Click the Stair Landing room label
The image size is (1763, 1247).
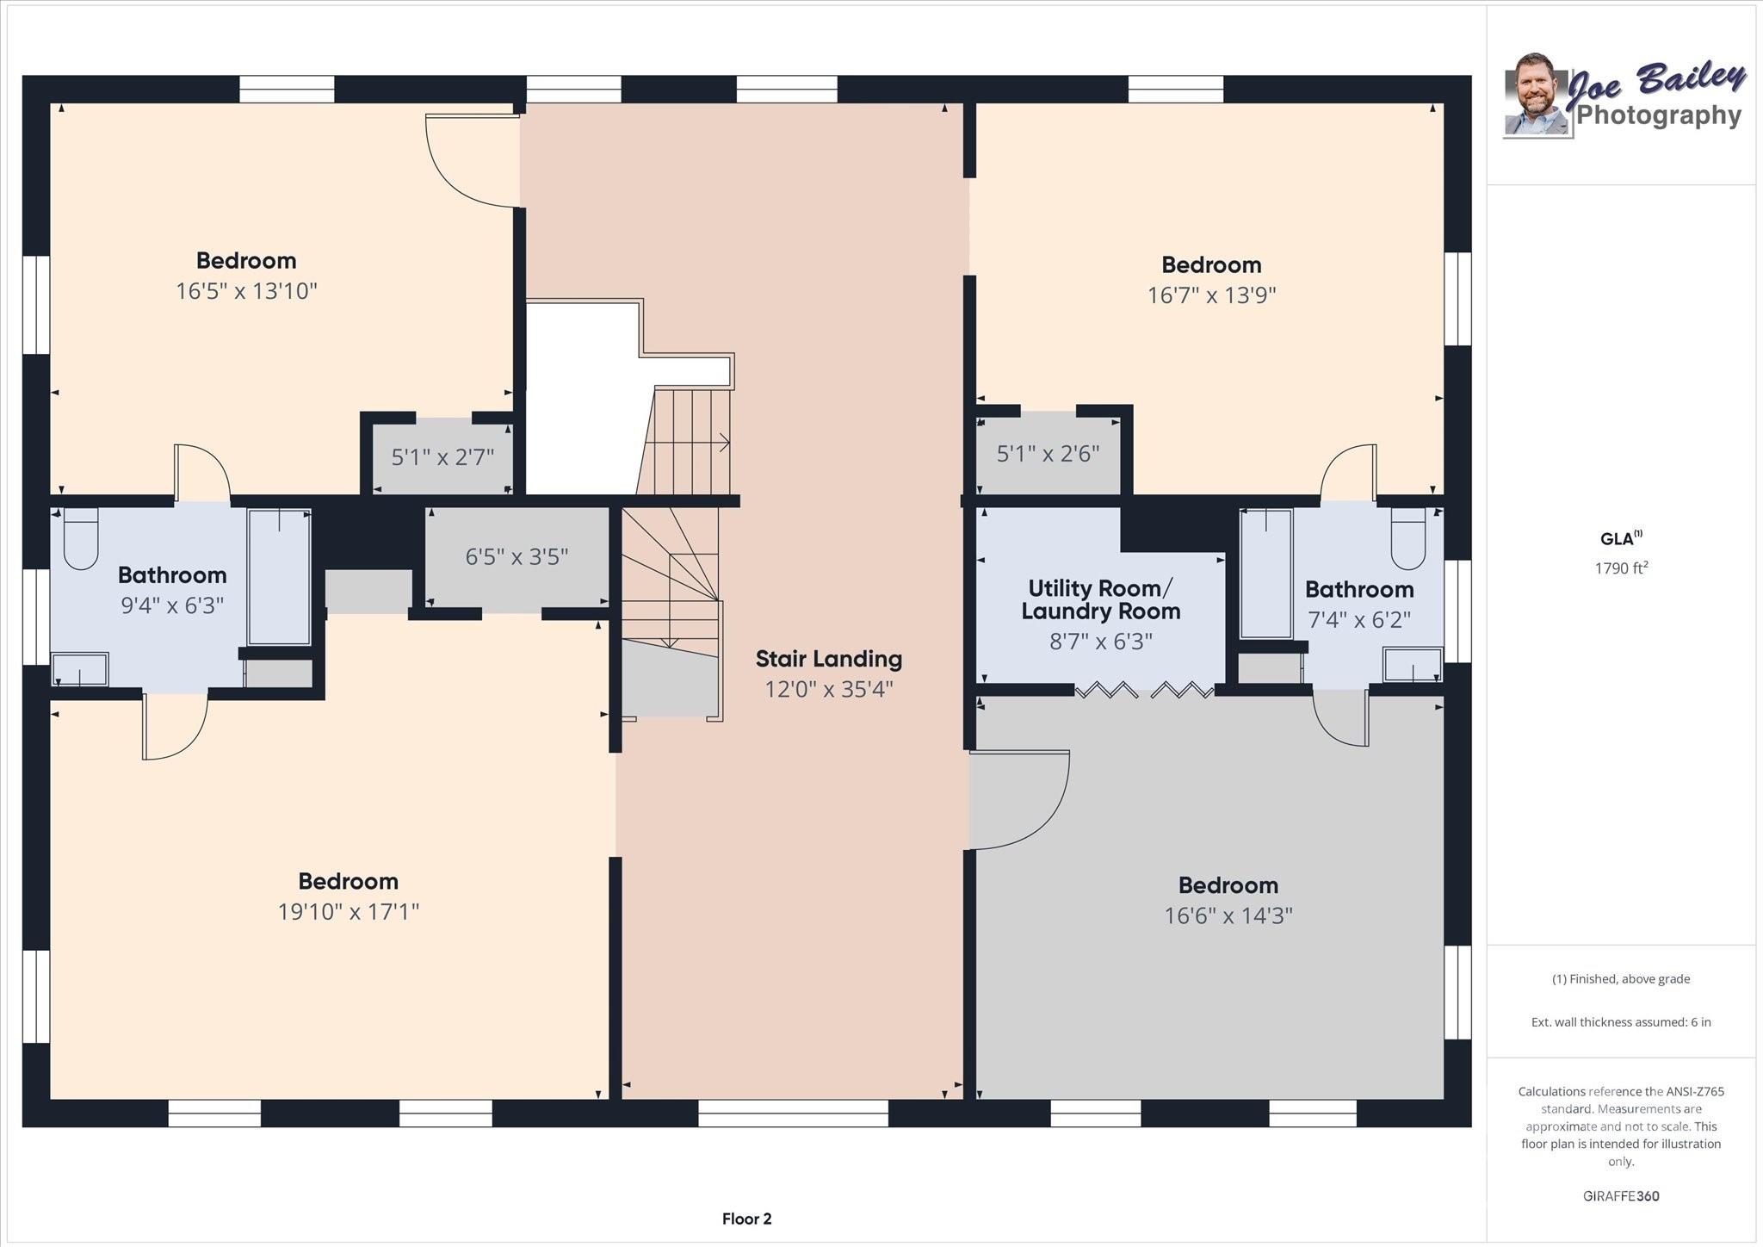[x=829, y=659]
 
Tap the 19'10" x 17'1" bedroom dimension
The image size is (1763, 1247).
[x=348, y=911]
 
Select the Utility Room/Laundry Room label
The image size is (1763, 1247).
[x=1100, y=600]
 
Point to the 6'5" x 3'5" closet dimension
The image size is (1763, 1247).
[x=517, y=557]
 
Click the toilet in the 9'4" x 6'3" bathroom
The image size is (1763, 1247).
[x=81, y=538]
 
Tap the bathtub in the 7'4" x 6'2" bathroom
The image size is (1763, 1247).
[x=1266, y=573]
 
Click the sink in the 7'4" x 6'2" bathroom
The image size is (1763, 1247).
[x=1412, y=665]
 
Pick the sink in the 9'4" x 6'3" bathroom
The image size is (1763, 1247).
[x=80, y=669]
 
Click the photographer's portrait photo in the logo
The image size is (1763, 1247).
[x=1536, y=95]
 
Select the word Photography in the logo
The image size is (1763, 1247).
[x=1659, y=115]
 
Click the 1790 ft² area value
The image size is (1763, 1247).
[x=1621, y=568]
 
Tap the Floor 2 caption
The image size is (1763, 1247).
[x=746, y=1219]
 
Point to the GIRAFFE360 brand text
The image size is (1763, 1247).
[x=1621, y=1196]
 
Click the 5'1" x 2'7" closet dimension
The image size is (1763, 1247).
[x=442, y=456]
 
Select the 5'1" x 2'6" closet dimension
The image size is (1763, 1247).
[x=1048, y=453]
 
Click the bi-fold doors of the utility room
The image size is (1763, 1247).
[x=1144, y=690]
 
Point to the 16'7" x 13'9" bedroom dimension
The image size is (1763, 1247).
[x=1211, y=295]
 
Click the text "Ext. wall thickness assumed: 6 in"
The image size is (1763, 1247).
[x=1621, y=1022]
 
